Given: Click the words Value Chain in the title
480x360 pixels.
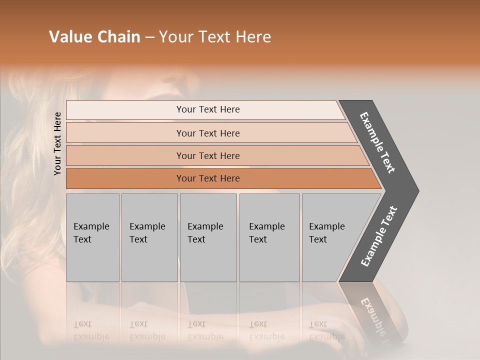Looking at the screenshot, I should pyautogui.click(x=94, y=37).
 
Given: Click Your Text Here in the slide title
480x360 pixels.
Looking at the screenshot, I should pyautogui.click(x=215, y=37).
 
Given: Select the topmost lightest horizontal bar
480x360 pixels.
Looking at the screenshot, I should pyautogui.click(x=207, y=109).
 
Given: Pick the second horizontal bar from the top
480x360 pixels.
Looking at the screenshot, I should pyautogui.click(x=207, y=133).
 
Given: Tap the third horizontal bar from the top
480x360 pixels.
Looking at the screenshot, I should pyautogui.click(x=207, y=155).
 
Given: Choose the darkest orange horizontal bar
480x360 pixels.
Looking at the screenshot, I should pyautogui.click(x=207, y=178).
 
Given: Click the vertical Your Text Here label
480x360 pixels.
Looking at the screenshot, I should pyautogui.click(x=58, y=144).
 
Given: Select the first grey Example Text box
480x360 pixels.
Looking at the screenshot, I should pyautogui.click(x=92, y=237).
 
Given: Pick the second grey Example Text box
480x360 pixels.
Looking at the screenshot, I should pyautogui.click(x=149, y=237).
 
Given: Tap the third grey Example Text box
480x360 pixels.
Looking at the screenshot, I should pyautogui.click(x=207, y=237).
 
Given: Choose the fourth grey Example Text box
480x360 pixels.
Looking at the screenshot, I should pyautogui.click(x=269, y=237).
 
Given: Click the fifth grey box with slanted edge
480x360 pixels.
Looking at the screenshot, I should pyautogui.click(x=330, y=237).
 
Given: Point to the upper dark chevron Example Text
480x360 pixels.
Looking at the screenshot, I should pyautogui.click(x=377, y=142).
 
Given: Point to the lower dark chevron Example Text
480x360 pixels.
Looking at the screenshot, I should pyautogui.click(x=379, y=236).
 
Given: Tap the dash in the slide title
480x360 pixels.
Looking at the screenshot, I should pyautogui.click(x=149, y=37).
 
